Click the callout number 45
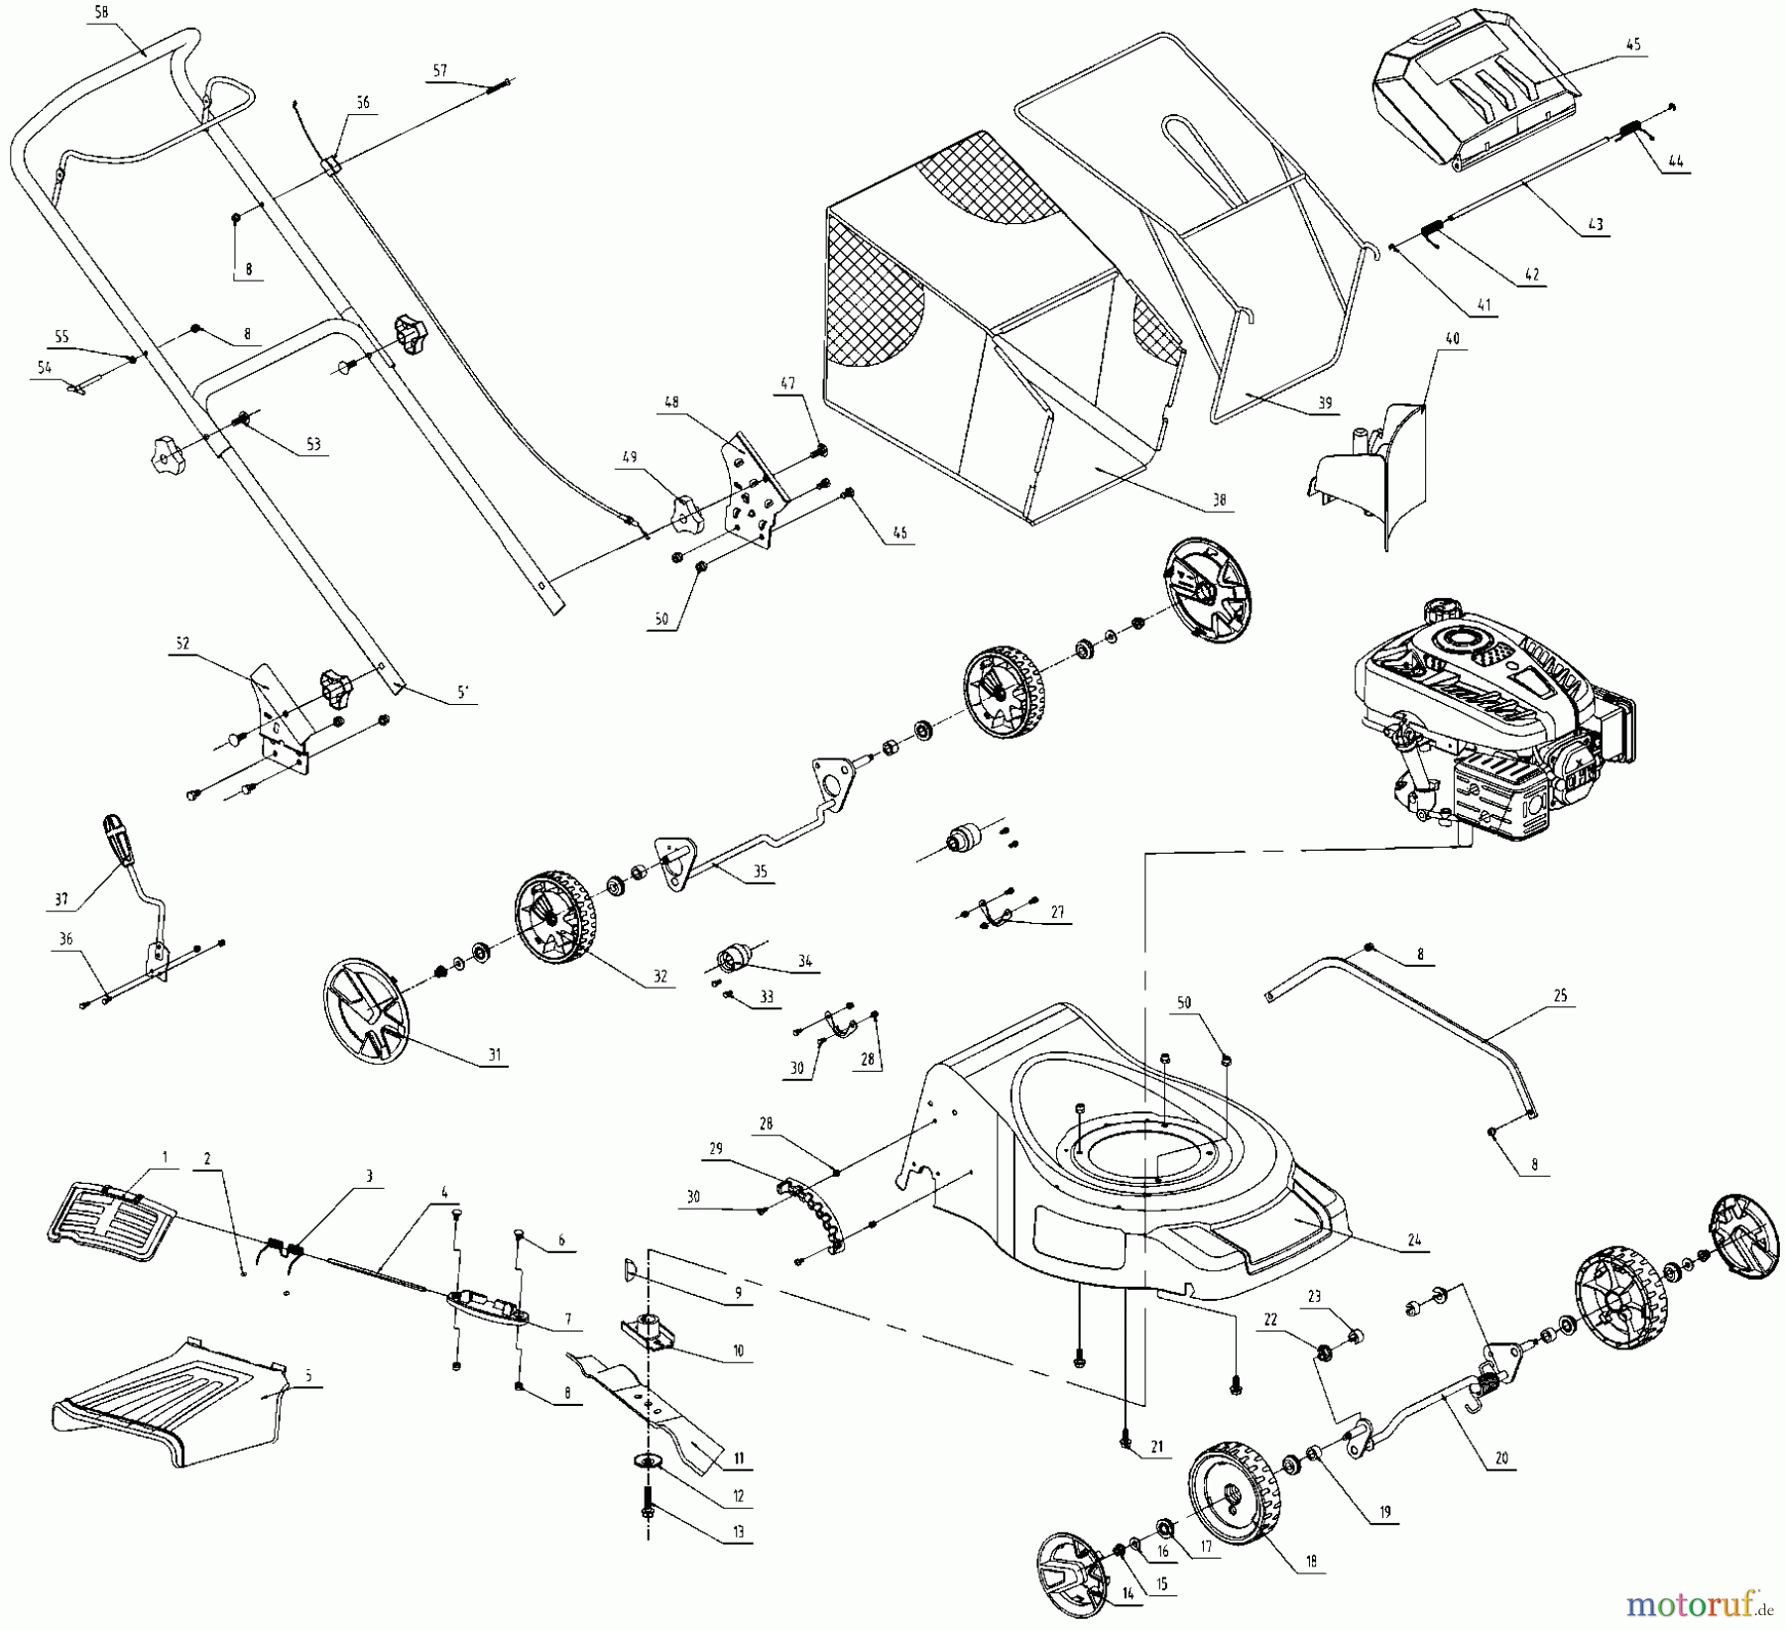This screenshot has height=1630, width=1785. (x=1633, y=45)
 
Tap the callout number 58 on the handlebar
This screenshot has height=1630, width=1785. (x=100, y=13)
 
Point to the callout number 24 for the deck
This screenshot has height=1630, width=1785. (x=1414, y=1238)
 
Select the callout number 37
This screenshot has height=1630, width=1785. (x=61, y=899)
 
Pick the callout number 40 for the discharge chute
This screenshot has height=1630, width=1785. (x=1453, y=339)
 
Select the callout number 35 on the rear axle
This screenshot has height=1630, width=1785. (x=760, y=872)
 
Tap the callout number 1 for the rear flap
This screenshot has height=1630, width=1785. (x=166, y=1157)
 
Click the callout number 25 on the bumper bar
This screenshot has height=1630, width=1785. (x=1561, y=995)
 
